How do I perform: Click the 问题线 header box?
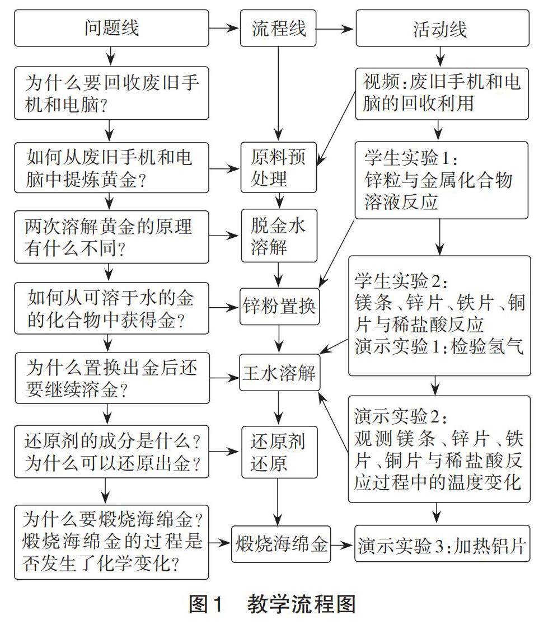click(112, 28)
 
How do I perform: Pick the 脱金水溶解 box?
click(279, 236)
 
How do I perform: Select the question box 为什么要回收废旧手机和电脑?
click(112, 93)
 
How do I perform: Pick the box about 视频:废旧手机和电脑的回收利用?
click(442, 93)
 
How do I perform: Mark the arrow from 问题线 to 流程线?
click(224, 28)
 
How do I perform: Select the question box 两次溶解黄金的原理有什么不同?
click(112, 236)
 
